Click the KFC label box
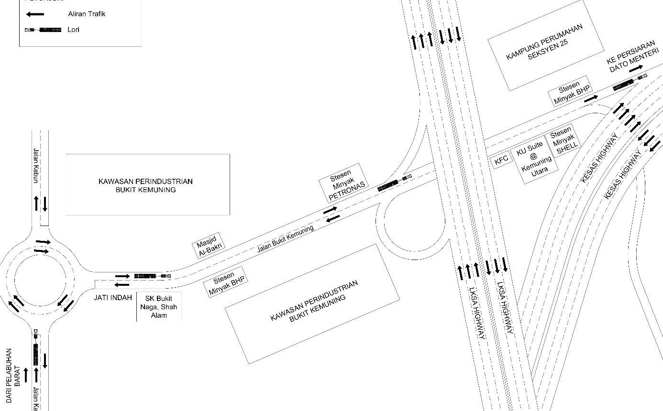point(501,161)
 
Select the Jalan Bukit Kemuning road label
point(286,239)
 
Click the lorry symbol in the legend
point(43,30)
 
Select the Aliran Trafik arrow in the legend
point(35,14)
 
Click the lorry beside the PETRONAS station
point(394,183)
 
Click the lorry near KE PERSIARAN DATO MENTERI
point(630,82)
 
